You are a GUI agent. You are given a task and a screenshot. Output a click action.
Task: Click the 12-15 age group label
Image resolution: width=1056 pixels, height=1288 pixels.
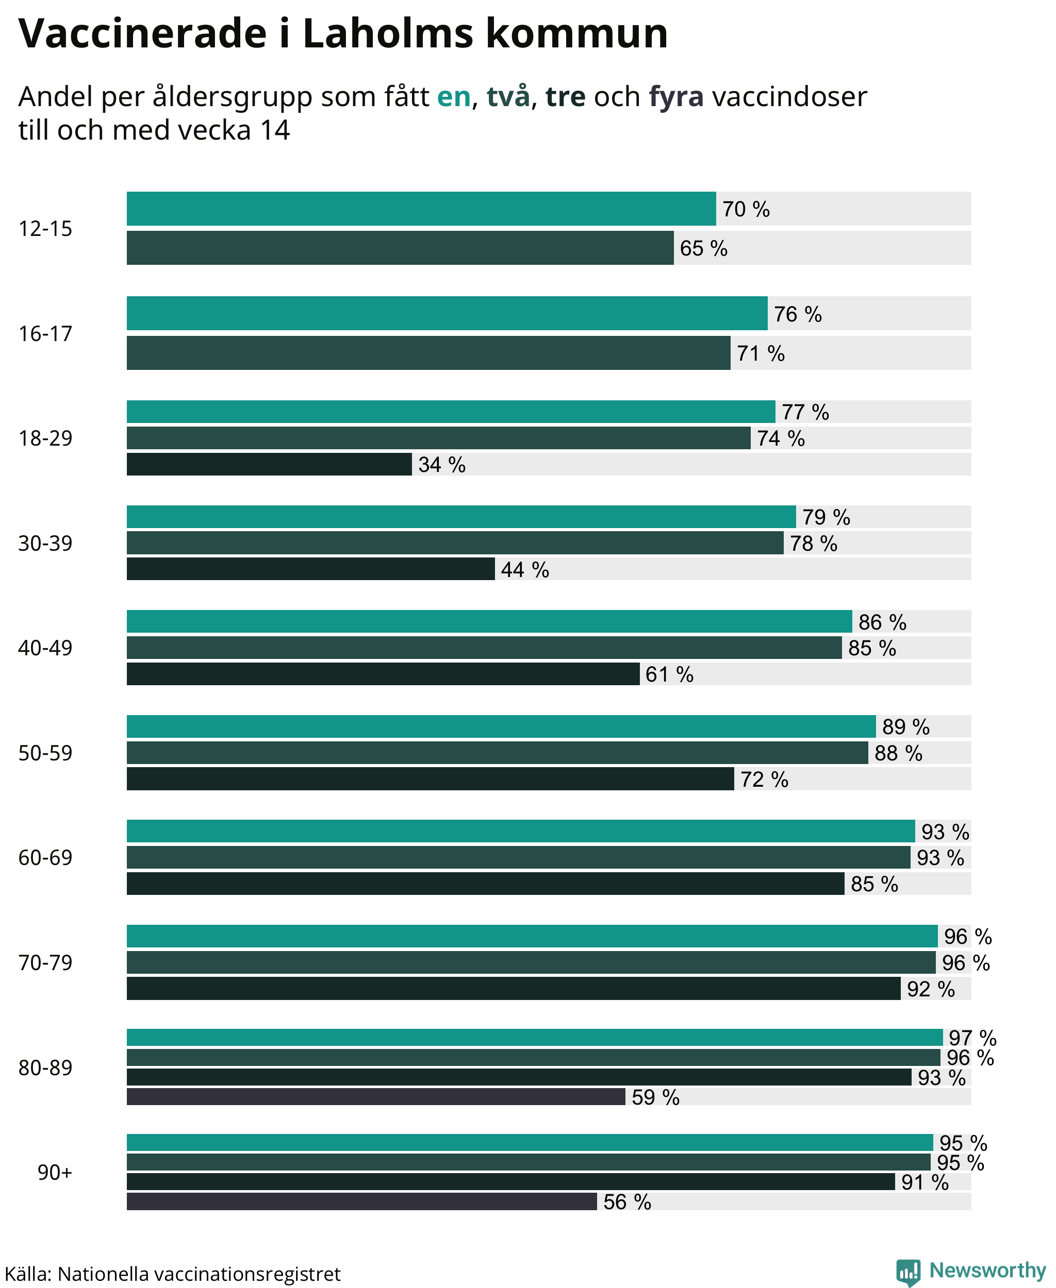click(x=45, y=229)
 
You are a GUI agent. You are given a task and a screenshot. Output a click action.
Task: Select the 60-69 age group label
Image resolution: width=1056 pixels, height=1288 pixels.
click(x=45, y=858)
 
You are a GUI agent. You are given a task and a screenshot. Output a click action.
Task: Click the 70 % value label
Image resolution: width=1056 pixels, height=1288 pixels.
click(x=746, y=209)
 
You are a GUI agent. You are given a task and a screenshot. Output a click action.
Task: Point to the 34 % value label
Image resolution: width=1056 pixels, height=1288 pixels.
click(x=441, y=464)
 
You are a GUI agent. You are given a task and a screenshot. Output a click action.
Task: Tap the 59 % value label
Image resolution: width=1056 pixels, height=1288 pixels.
click(x=655, y=1097)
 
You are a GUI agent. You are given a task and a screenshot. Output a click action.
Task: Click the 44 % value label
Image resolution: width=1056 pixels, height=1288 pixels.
click(x=525, y=569)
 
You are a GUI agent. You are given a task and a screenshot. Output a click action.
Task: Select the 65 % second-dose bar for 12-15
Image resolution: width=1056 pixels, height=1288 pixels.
click(x=400, y=248)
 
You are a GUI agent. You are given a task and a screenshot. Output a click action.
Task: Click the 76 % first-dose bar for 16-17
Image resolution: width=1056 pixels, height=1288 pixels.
click(x=447, y=314)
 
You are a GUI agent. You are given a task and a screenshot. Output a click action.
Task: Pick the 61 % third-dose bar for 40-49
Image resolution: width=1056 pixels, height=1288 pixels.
click(x=383, y=674)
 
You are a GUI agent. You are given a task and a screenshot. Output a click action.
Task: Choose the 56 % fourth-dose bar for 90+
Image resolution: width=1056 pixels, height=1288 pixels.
click(x=362, y=1201)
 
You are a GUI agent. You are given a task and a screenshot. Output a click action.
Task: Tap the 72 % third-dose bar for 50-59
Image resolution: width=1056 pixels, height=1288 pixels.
click(x=431, y=778)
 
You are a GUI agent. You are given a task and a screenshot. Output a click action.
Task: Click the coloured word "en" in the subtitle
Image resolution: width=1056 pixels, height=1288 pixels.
click(x=454, y=97)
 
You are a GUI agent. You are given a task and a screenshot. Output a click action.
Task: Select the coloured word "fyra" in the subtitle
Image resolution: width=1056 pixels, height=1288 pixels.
click(x=676, y=97)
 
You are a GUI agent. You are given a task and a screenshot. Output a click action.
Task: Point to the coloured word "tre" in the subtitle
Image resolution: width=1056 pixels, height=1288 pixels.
click(x=565, y=97)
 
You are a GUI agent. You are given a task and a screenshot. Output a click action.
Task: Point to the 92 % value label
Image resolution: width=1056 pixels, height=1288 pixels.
click(x=931, y=989)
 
